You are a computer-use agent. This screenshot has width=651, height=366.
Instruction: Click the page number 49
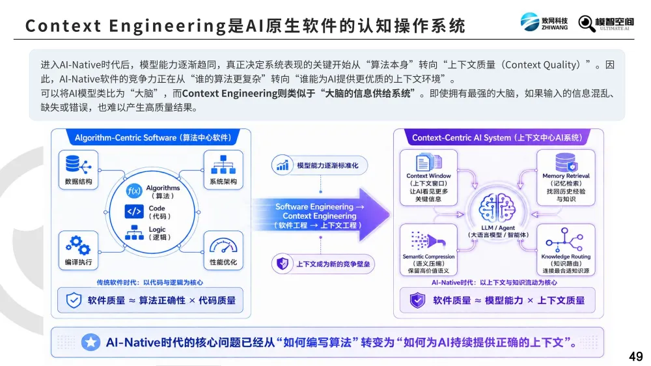pos(635,356)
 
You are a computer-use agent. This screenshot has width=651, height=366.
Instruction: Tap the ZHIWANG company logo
pos(544,22)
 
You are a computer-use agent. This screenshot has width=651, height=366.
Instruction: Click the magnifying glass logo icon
pos(587,23)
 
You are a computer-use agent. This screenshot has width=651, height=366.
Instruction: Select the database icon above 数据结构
pos(78,165)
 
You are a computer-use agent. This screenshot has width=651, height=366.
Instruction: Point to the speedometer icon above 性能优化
pos(223,246)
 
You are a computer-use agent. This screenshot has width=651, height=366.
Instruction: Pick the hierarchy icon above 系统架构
pos(223,165)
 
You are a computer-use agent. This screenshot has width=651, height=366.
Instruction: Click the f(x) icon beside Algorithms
pos(134,191)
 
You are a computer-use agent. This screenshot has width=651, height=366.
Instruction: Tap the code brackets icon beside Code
pos(133,212)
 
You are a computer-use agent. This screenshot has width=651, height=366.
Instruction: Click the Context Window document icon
pos(428,162)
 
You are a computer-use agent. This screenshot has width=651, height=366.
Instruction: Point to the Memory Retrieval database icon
pos(566,162)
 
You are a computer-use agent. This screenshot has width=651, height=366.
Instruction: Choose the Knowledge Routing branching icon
pos(564,240)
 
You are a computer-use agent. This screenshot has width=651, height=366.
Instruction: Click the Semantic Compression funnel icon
pos(428,241)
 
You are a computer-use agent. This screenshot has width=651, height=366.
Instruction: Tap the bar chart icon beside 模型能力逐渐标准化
pos(283,165)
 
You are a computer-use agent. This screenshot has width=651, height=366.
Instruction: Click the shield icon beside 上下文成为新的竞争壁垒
pos(283,263)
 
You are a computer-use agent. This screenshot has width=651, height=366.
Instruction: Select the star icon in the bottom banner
pos(90,343)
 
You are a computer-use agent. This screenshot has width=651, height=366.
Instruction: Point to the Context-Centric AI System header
pos(497,137)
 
